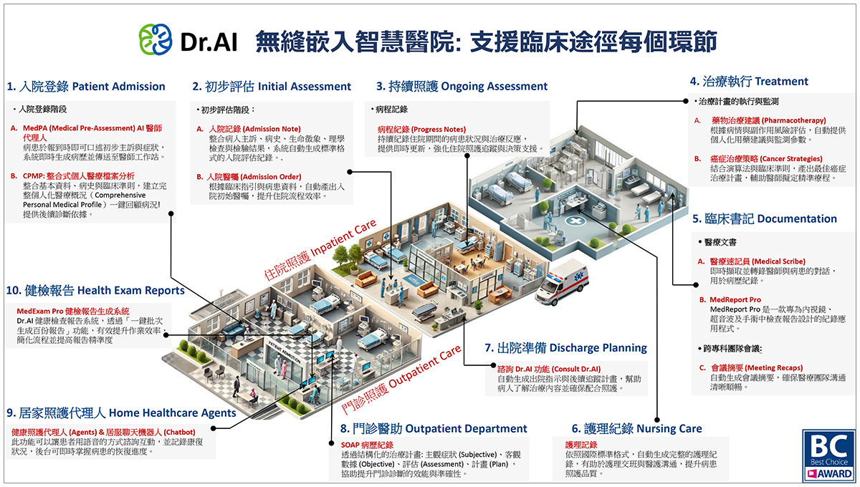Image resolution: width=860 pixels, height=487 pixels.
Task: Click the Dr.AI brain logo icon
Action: tap(156, 39)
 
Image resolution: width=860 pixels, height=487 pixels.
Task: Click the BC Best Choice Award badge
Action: tap(829, 455)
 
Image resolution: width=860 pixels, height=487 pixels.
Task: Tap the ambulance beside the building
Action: tap(561, 282)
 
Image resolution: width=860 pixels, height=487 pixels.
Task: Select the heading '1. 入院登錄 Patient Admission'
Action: tap(86, 87)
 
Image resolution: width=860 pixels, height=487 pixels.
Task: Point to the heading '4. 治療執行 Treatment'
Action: tap(749, 82)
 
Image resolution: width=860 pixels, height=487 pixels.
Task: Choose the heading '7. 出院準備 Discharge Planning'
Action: tap(565, 347)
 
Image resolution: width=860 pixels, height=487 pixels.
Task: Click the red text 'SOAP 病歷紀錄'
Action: tap(367, 445)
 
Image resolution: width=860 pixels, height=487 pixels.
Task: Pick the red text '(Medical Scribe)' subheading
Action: tap(778, 261)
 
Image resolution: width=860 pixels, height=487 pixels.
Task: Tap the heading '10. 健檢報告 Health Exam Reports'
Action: tap(95, 291)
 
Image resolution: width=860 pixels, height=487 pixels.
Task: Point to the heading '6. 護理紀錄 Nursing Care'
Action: tap(636, 428)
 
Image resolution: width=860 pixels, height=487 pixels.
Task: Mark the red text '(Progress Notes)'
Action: tap(439, 130)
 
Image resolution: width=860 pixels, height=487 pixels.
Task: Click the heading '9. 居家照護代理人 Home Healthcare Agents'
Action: tap(121, 413)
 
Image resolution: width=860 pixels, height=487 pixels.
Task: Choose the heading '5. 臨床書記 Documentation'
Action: tap(765, 218)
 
